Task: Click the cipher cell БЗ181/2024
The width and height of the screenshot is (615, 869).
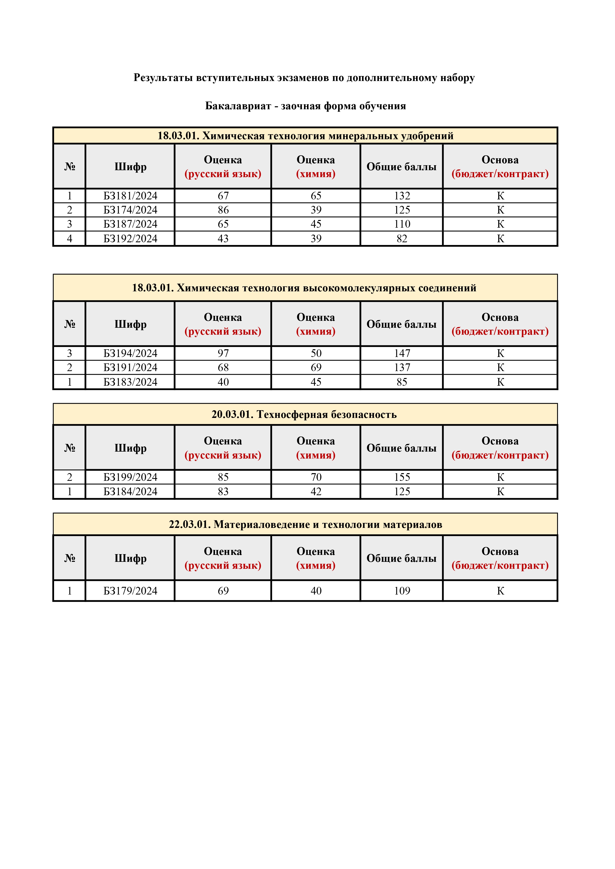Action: click(x=130, y=196)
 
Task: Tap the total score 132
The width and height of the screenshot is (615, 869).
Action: click(x=402, y=196)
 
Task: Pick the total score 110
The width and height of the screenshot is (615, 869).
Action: click(x=402, y=224)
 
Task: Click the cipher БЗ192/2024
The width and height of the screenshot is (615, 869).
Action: click(x=130, y=239)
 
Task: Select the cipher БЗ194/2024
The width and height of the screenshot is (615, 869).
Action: click(x=130, y=353)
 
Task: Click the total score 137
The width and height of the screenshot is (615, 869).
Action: click(x=402, y=368)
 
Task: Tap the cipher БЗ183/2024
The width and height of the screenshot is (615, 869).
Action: click(x=130, y=382)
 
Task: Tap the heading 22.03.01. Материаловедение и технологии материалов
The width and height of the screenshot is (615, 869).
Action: click(x=306, y=525)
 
